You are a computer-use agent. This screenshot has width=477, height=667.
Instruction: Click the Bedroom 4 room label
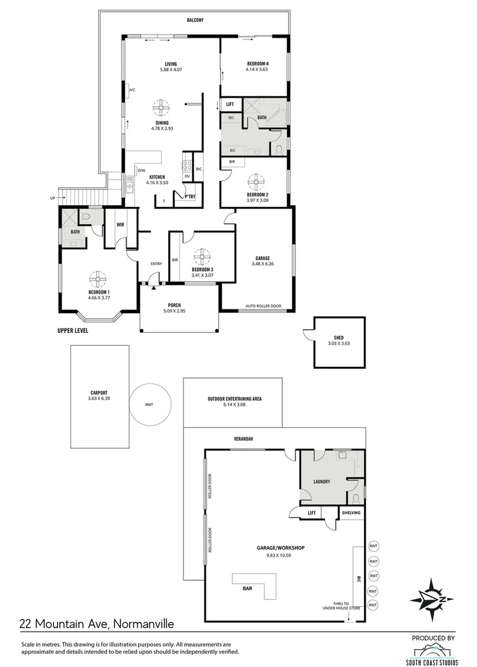258,64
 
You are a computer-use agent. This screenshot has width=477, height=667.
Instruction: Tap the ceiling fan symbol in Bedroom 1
98,279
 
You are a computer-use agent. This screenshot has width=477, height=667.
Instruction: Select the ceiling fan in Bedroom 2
256,182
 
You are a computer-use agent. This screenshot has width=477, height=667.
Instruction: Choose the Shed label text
339,338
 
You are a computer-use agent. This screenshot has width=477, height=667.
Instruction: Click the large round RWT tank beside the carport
150,404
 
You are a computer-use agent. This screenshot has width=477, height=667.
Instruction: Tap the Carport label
99,393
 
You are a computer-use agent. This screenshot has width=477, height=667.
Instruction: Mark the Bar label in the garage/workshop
247,589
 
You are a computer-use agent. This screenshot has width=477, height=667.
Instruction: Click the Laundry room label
322,482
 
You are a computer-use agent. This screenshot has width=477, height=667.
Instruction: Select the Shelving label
351,513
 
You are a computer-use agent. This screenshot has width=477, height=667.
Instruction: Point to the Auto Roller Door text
263,306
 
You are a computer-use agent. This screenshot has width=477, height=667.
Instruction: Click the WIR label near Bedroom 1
120,224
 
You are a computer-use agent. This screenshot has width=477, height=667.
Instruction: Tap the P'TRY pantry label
190,196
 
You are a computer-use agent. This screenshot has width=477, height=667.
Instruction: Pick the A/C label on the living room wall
132,90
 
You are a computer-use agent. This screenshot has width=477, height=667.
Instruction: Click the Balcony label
195,20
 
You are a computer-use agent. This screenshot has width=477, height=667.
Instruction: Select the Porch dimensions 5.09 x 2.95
174,311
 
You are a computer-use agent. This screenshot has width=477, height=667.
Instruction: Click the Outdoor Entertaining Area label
234,398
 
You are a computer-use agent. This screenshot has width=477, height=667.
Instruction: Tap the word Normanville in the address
143,624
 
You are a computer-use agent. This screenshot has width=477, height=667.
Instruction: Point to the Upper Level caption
73,330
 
